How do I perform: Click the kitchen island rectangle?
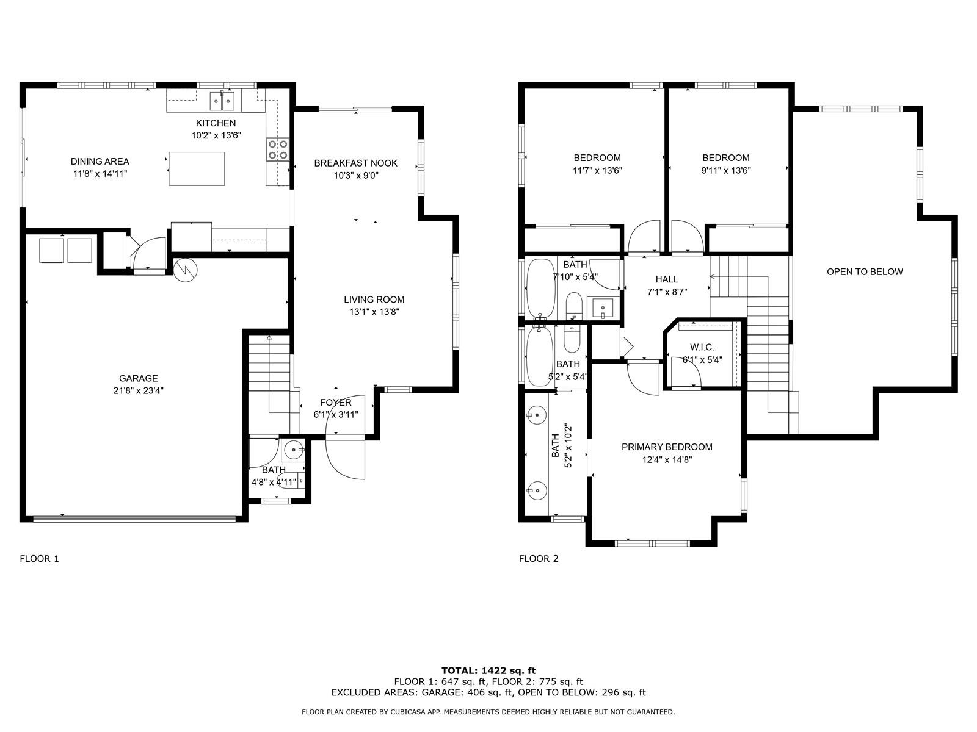196,169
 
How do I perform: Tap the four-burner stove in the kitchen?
278,149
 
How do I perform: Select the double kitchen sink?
222,101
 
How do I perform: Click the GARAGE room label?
139,378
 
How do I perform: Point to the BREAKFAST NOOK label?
355,163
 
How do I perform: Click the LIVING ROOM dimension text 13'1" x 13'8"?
374,312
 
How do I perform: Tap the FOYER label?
336,403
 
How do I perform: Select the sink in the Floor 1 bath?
294,450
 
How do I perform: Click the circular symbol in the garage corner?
185,270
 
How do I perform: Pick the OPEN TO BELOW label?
865,272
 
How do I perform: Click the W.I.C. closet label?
702,347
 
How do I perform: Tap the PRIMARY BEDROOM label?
667,447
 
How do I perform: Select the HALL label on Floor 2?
667,279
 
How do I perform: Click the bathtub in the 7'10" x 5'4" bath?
541,289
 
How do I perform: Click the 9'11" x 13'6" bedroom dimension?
726,170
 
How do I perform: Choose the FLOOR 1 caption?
39,559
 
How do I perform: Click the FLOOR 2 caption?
539,559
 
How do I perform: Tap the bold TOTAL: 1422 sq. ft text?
488,670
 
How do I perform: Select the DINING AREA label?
100,161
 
